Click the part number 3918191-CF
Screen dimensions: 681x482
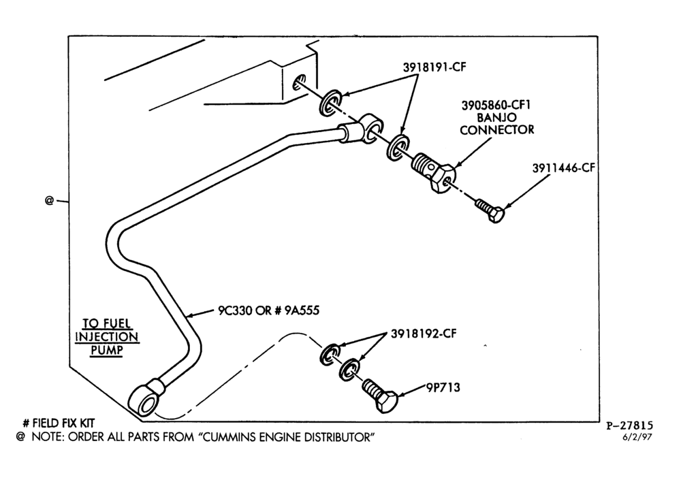pyautogui.click(x=434, y=67)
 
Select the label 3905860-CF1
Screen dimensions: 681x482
pyautogui.click(x=496, y=105)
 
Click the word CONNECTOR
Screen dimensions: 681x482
pyautogui.click(x=497, y=130)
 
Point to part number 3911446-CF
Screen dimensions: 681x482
pyautogui.click(x=563, y=167)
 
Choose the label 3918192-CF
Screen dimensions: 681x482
pyautogui.click(x=424, y=334)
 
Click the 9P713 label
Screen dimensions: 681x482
pyautogui.click(x=443, y=387)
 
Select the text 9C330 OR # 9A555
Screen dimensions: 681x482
pyautogui.click(x=268, y=310)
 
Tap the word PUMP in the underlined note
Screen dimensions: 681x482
pyautogui.click(x=106, y=350)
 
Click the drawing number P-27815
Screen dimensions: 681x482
pyautogui.click(x=629, y=426)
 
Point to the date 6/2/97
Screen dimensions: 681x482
pyautogui.click(x=637, y=437)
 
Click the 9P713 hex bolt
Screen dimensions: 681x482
pyautogui.click(x=380, y=395)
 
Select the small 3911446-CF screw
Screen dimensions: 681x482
pyautogui.click(x=490, y=210)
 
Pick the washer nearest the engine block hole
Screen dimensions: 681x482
pyautogui.click(x=331, y=103)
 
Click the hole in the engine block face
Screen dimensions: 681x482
pyautogui.click(x=300, y=82)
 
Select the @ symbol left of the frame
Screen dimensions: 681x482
pyautogui.click(x=49, y=200)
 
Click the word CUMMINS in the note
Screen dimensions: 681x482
pyautogui.click(x=229, y=437)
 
